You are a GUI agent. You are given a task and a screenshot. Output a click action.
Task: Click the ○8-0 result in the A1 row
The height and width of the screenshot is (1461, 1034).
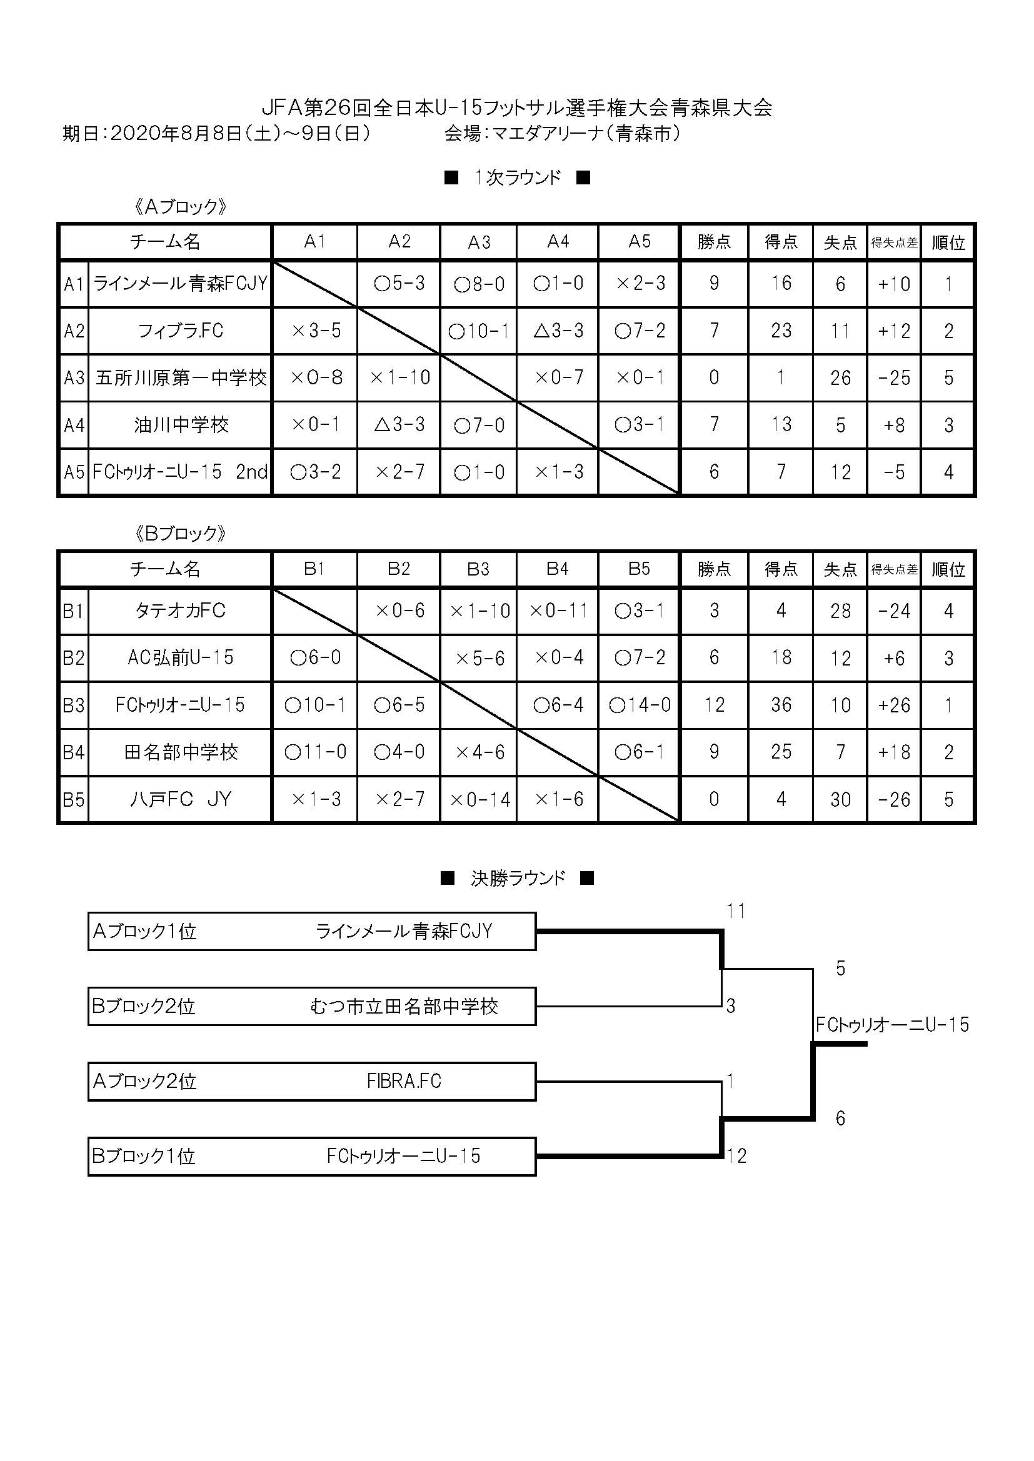click(479, 284)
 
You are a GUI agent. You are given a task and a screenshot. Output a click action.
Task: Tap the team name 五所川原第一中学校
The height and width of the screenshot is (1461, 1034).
click(181, 378)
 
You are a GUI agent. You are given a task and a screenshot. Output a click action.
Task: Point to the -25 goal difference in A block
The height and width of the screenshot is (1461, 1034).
click(894, 378)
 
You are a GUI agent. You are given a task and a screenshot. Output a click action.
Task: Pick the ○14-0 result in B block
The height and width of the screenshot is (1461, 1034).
click(640, 705)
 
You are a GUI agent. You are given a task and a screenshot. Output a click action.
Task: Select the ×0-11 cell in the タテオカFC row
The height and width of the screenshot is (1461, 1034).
click(558, 611)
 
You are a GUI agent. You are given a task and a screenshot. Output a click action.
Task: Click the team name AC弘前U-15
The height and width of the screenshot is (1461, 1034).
click(181, 657)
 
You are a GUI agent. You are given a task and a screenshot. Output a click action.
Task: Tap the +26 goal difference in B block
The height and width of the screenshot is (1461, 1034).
click(894, 705)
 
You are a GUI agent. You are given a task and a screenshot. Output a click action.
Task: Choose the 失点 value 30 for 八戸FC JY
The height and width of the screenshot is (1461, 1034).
click(840, 799)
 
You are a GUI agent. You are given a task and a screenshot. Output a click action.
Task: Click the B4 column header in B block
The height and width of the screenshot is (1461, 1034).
click(557, 569)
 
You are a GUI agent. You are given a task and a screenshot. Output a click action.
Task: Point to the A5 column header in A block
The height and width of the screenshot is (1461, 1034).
click(640, 241)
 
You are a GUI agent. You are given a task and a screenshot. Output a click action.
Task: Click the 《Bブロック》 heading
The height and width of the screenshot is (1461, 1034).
click(181, 533)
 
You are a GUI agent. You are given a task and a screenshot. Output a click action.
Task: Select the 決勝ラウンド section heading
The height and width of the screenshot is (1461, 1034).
click(517, 878)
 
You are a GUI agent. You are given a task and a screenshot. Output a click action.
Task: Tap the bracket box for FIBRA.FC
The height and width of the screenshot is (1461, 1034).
click(312, 1081)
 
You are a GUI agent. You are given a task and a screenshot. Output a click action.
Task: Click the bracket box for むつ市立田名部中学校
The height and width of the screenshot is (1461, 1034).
click(312, 1006)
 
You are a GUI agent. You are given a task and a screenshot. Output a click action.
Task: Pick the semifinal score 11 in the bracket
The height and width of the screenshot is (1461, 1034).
click(736, 911)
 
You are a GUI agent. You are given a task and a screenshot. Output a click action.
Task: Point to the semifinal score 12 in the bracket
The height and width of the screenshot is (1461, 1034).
click(736, 1155)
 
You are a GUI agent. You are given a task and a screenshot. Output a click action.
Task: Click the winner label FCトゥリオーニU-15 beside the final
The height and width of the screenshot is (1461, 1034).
click(893, 1024)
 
